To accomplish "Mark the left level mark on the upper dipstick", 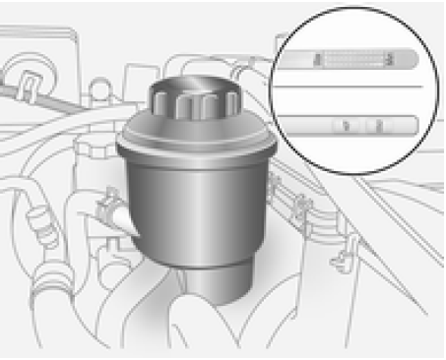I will tap(317, 60).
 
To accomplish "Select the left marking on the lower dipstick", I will tap(345, 125).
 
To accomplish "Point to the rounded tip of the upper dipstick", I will tap(417, 61).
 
